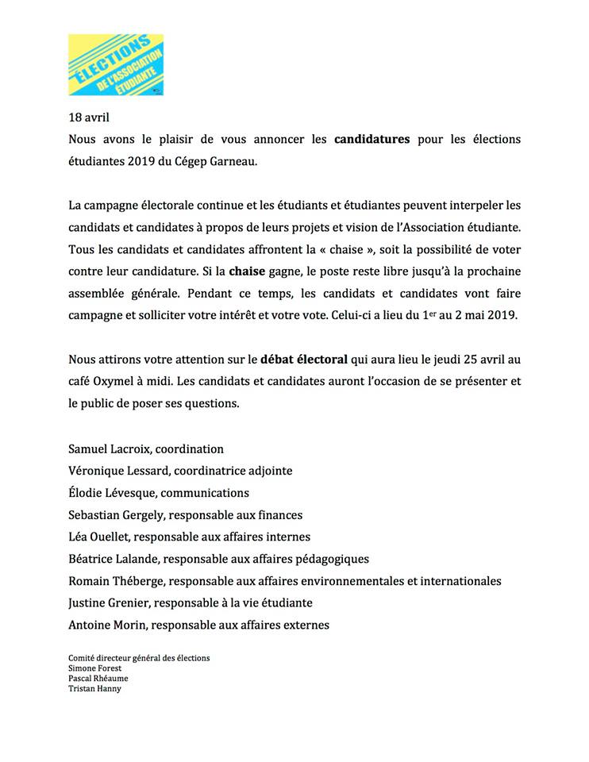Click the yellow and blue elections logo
tap(116, 65)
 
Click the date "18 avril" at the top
tap(89, 117)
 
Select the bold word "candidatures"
tap(371, 139)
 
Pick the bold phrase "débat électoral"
tap(304, 359)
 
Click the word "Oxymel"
tap(117, 381)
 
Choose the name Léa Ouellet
tap(100, 537)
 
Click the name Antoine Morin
tap(106, 625)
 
